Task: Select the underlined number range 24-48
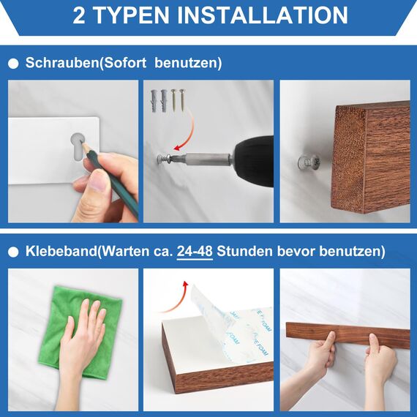coord(194,252)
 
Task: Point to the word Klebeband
coord(58,252)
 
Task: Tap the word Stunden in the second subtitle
coord(255,252)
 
